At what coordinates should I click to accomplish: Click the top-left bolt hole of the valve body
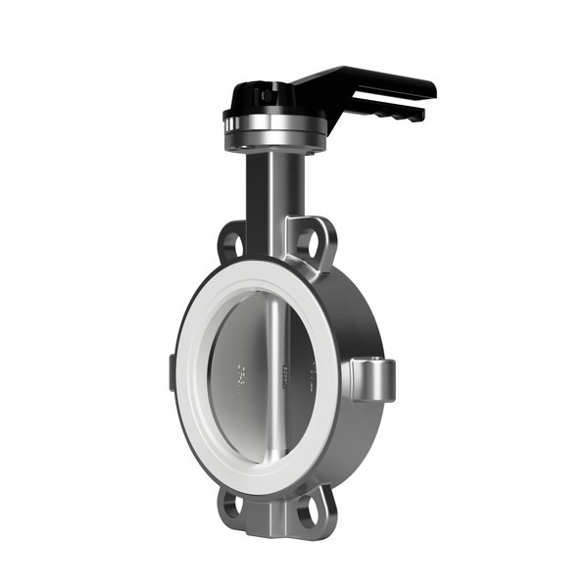[233, 241]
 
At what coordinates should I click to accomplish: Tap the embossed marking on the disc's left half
[240, 373]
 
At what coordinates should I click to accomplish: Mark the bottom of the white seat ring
[257, 480]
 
